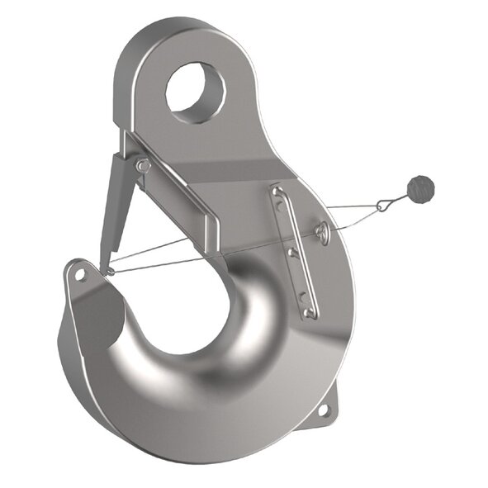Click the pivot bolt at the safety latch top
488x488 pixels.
[x=144, y=166]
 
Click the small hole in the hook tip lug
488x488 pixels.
[x=81, y=274]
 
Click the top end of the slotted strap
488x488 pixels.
[x=278, y=195]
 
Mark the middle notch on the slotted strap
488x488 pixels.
[x=292, y=252]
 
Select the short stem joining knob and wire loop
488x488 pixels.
[x=403, y=197]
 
